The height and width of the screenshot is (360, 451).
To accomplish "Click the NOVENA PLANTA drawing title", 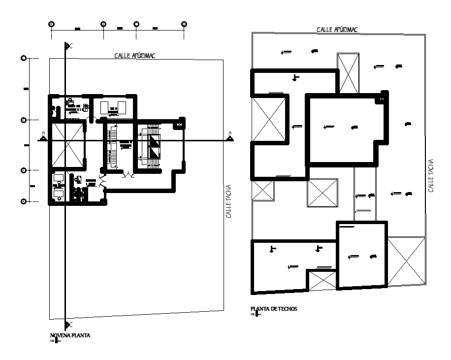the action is (70, 335).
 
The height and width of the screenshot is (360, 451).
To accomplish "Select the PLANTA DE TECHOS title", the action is (274, 309).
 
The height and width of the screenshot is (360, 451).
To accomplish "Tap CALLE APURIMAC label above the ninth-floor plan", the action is (134, 56).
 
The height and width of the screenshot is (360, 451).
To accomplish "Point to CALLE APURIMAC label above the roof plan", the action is (337, 30).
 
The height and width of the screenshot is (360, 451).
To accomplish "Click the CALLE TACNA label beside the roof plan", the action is (430, 175).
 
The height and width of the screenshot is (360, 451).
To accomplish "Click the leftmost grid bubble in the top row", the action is (51, 24).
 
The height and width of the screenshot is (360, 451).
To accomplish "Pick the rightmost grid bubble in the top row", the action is (184, 24).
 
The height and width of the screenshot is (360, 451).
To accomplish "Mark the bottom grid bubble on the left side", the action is (23, 201).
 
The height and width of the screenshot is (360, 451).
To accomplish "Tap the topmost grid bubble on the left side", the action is (23, 58).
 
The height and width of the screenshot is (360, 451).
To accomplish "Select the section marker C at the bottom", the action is (69, 324).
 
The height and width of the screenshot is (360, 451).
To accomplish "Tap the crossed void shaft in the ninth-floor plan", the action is (68, 144).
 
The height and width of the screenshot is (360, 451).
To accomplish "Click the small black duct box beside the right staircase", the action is (179, 126).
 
